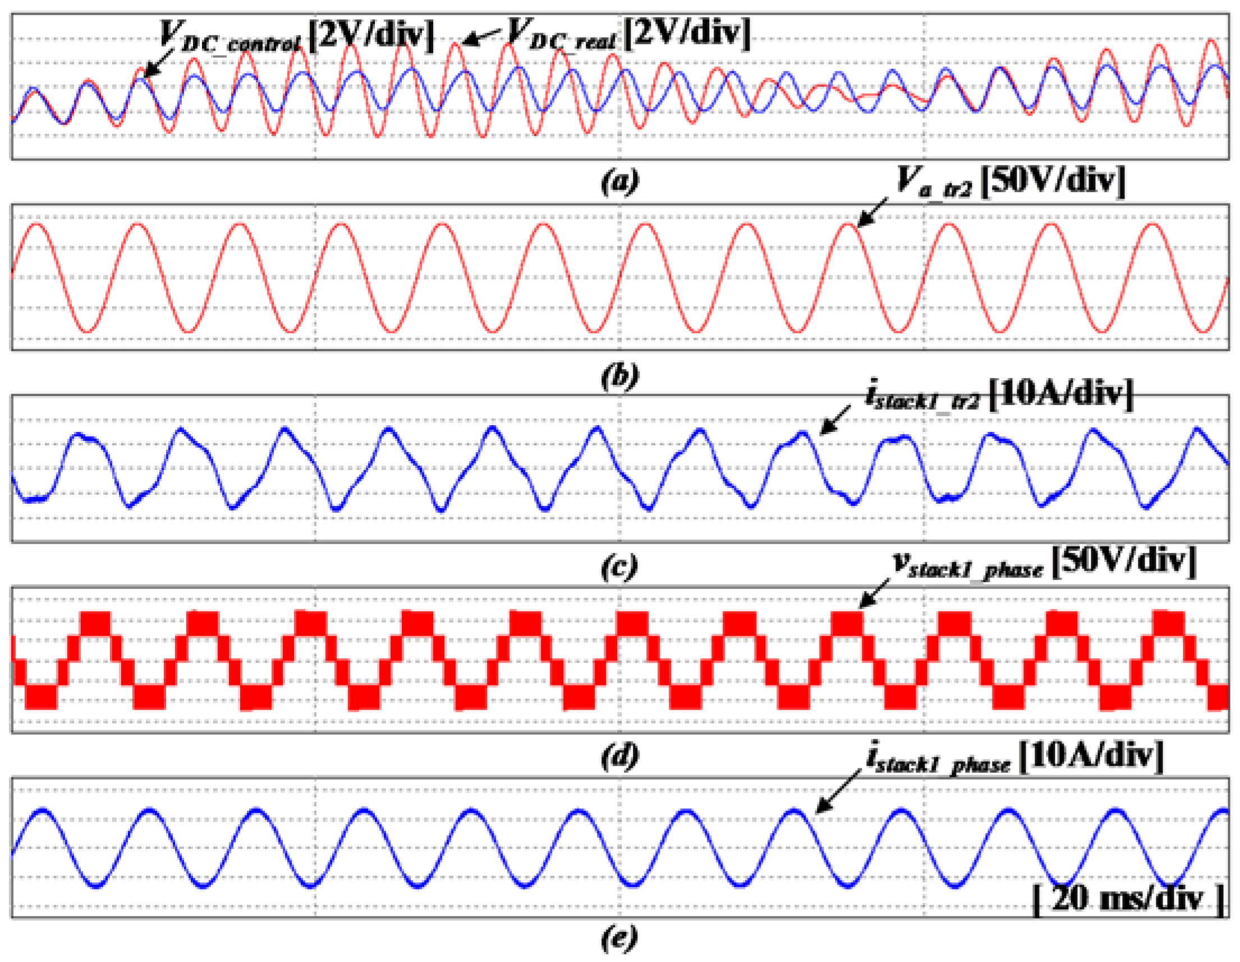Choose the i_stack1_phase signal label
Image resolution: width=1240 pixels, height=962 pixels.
(x=938, y=758)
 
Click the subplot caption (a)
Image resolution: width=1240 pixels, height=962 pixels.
(x=620, y=181)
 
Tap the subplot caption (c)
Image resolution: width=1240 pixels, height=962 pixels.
(x=620, y=567)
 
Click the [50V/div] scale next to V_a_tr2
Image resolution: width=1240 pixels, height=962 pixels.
(x=1053, y=182)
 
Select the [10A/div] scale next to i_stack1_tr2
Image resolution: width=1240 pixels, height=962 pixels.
(x=1060, y=394)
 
